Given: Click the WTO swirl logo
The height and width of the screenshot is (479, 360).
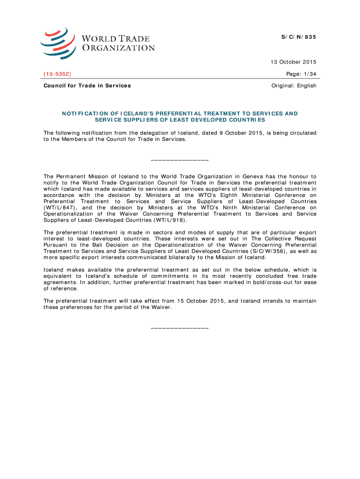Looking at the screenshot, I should [58, 43].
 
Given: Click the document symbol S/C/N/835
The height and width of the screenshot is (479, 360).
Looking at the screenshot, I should [299, 37].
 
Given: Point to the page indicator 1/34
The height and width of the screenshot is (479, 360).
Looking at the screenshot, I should [309, 74].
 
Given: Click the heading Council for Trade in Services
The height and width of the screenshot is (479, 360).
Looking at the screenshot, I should [87, 86].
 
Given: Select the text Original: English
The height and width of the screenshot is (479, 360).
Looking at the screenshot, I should [294, 86].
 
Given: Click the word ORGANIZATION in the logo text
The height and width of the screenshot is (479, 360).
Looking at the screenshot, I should [119, 48].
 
